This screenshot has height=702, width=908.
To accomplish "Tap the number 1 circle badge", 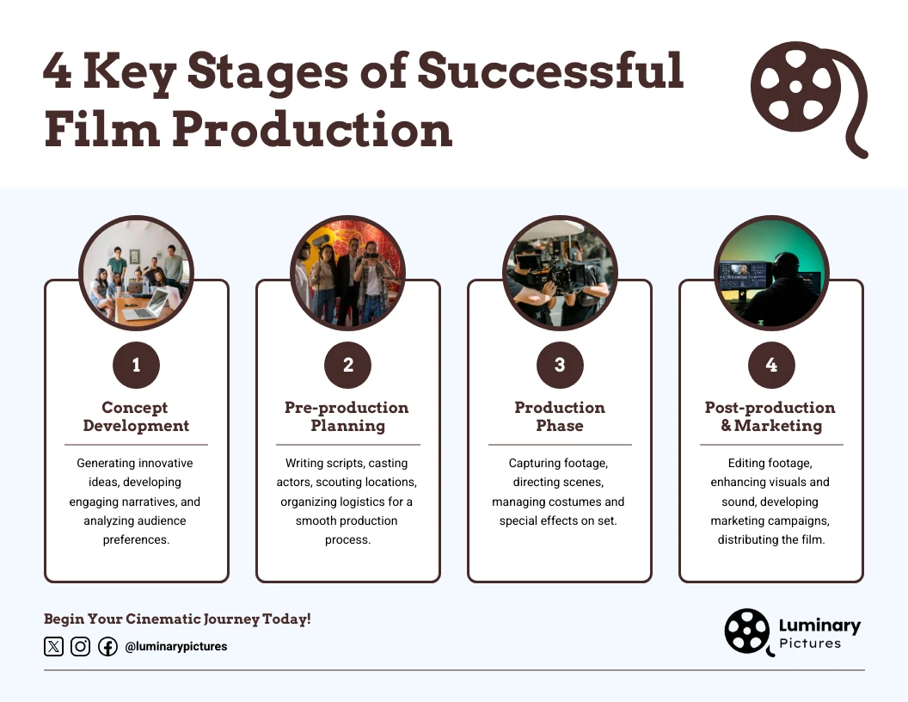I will (136, 366).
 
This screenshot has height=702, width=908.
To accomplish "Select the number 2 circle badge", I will (347, 366).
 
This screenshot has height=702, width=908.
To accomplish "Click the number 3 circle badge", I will (560, 366).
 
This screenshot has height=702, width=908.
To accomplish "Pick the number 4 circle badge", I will (771, 366).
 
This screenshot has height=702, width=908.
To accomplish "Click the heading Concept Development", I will (136, 416).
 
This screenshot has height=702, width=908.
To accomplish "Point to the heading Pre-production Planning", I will (347, 416).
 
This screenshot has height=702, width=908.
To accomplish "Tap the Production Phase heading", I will (560, 416).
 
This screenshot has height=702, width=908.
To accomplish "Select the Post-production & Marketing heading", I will (771, 416).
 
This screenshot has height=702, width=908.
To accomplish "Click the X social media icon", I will (53, 646).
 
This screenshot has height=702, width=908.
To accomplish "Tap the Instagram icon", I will (80, 646).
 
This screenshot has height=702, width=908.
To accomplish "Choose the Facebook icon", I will (107, 646).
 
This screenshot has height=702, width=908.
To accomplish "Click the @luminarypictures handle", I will (176, 646).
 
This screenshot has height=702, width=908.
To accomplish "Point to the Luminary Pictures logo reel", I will (747, 631).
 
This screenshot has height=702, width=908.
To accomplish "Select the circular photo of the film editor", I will (771, 272).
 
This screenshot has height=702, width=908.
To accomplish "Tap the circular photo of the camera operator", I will (560, 272).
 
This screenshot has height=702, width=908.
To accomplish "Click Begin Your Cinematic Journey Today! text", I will (177, 619).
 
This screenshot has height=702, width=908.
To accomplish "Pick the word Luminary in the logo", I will (819, 625).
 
